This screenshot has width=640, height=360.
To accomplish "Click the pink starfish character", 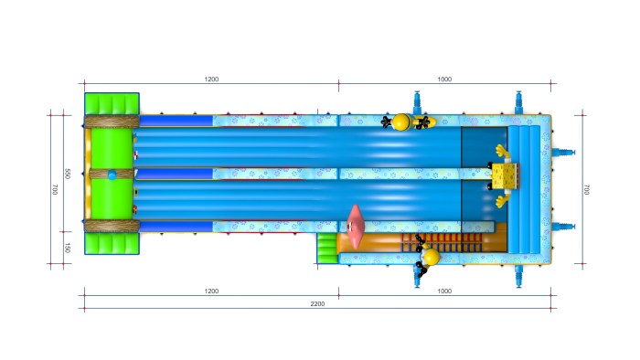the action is coord(355,227).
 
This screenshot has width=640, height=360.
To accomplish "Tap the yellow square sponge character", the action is coord(505,176).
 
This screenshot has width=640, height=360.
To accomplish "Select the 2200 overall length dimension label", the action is coord(317,303).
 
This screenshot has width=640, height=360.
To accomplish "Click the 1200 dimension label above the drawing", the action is coord(211,79).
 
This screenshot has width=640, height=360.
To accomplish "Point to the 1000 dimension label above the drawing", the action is coord(444,79).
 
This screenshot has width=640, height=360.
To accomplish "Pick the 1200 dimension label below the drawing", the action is coord(211,291).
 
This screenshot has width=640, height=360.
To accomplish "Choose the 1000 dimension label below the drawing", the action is coord(444,291).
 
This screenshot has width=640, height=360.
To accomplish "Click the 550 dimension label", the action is coord(68,174).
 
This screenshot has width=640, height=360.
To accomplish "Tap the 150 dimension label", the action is coord(68,248).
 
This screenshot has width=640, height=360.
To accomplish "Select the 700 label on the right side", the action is coord(587,189).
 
